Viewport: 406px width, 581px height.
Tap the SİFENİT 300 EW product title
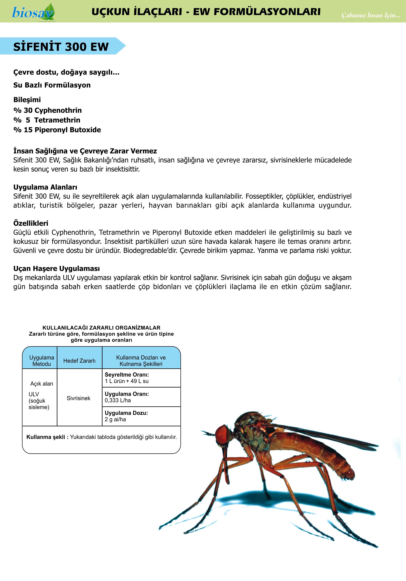coord(61,47)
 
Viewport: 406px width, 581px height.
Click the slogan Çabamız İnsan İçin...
coord(371,15)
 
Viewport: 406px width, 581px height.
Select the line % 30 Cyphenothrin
coord(48,110)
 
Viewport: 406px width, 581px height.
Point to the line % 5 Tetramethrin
coord(47,120)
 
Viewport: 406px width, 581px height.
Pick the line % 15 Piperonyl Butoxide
coord(57,130)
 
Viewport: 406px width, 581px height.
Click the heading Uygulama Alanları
coord(45,187)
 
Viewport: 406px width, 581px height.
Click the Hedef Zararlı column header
coord(79,361)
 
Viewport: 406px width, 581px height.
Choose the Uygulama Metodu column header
coord(42,361)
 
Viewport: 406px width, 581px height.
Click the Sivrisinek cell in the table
coord(78,398)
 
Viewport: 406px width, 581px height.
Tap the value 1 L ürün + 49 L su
coord(127,381)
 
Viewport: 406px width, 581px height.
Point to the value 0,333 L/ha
coord(118,400)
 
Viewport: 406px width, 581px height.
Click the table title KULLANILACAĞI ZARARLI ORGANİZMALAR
coord(101,328)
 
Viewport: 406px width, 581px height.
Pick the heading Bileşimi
coord(27,100)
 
